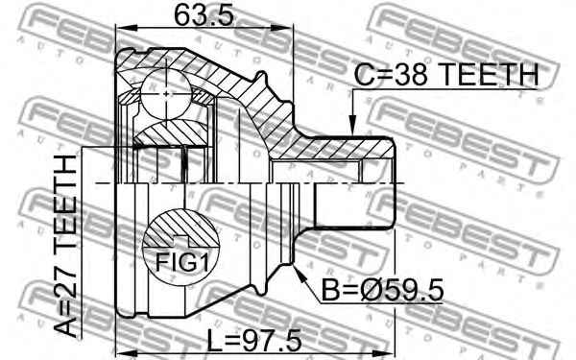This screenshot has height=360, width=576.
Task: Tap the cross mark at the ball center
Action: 168,93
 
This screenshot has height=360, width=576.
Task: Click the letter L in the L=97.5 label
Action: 215,341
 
